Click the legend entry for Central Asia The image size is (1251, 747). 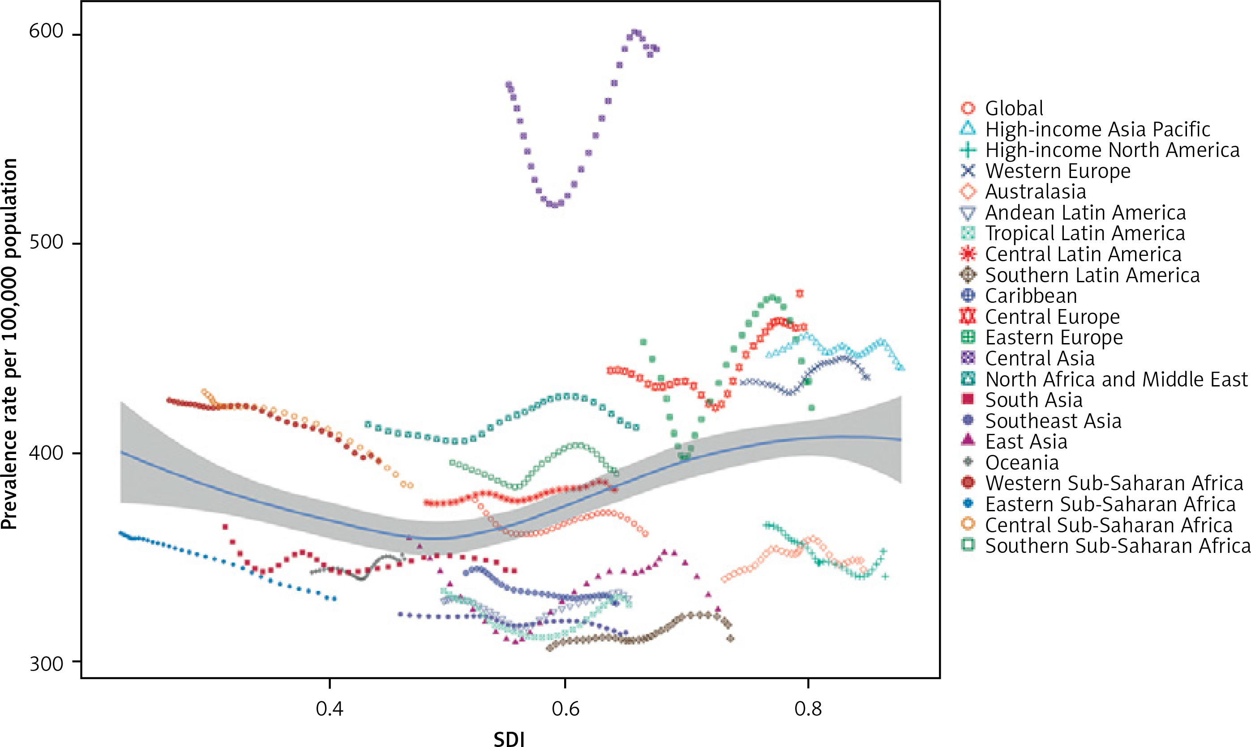coord(1039,358)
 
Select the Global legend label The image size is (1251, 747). coord(1014,108)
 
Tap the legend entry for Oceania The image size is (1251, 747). coord(1022,462)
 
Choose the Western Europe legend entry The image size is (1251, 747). coord(1058,171)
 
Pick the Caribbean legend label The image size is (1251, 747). coord(1031,296)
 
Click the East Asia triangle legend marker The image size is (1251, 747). coord(968,441)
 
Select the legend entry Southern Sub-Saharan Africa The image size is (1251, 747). coord(1117,546)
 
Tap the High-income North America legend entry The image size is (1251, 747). coord(1112,150)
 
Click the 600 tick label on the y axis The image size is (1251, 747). coord(46,31)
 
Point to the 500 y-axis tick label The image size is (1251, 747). coord(46,242)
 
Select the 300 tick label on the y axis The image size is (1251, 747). coord(46,663)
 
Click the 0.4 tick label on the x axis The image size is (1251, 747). coord(330,709)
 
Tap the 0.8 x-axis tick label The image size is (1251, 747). coord(808,709)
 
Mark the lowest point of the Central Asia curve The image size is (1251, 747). coord(554,205)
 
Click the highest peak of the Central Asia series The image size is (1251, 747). coord(635,33)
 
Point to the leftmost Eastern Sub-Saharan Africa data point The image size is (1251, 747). coord(120,533)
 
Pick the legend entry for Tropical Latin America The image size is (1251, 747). coord(1085,233)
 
